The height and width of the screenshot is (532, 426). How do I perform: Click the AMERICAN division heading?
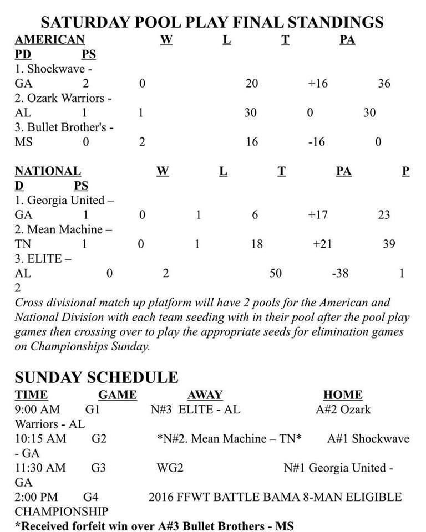(49, 40)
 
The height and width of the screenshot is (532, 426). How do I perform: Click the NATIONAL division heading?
(48, 171)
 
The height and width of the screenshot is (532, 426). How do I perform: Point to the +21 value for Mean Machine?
(322, 244)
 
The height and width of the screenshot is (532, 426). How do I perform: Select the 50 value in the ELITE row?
(276, 273)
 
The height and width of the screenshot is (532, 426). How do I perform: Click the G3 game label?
(99, 468)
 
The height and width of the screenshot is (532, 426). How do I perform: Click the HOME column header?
(343, 395)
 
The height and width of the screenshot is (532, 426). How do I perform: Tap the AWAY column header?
(205, 395)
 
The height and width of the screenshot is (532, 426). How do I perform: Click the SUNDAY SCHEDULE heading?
(97, 377)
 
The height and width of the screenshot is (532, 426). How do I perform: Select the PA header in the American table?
(347, 40)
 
